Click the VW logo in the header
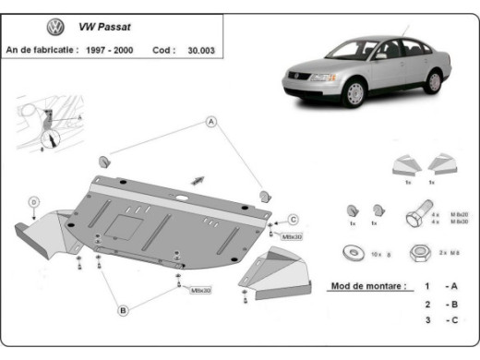tap(55, 28)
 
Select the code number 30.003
tap(198, 50)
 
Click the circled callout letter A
tap(210, 121)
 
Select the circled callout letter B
tap(122, 311)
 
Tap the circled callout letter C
tap(293, 219)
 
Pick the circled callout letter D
tap(33, 202)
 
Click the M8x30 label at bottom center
tap(201, 290)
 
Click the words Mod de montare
tap(366, 287)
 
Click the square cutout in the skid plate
tap(120, 223)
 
